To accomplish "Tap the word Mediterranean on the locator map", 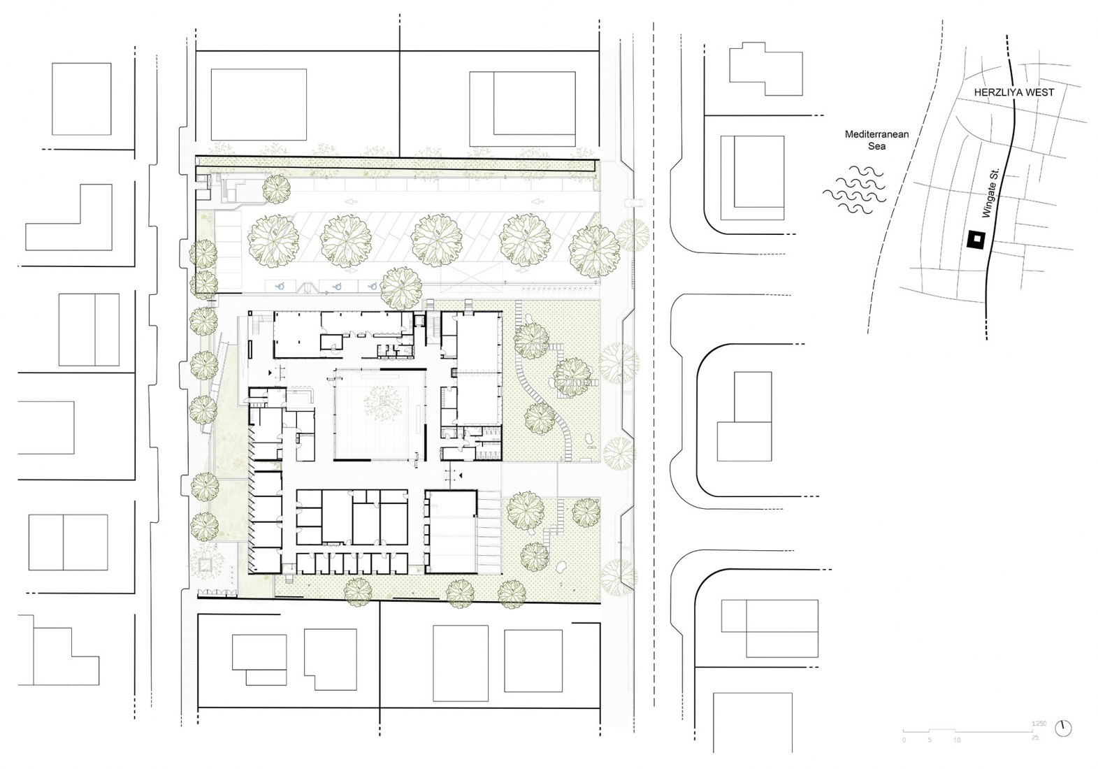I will (x=876, y=134).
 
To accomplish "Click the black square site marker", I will (x=975, y=240).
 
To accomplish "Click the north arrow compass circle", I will (x=1064, y=728).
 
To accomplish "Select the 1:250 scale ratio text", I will (x=1037, y=724).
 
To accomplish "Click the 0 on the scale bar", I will (x=904, y=739).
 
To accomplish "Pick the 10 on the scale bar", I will (x=956, y=739).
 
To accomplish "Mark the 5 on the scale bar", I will (x=930, y=739).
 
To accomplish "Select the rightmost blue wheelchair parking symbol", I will (x=373, y=285).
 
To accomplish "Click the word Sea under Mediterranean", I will (x=876, y=146).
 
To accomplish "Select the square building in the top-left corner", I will (x=81, y=99).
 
